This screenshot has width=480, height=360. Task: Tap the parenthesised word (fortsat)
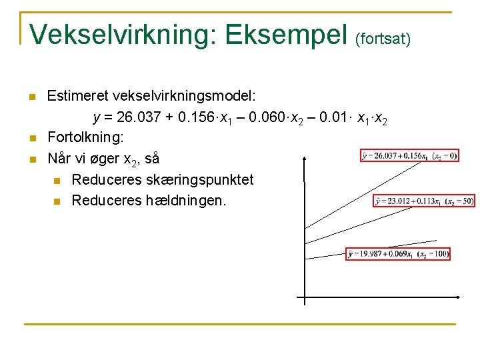383,39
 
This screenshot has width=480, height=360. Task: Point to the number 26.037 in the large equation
138,118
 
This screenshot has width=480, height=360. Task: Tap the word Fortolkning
85,138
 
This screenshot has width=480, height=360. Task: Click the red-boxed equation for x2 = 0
409,156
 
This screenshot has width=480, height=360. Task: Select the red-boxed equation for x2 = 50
424,201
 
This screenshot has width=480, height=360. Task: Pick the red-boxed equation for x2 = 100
398,254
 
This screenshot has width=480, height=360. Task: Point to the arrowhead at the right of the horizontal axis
459,297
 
